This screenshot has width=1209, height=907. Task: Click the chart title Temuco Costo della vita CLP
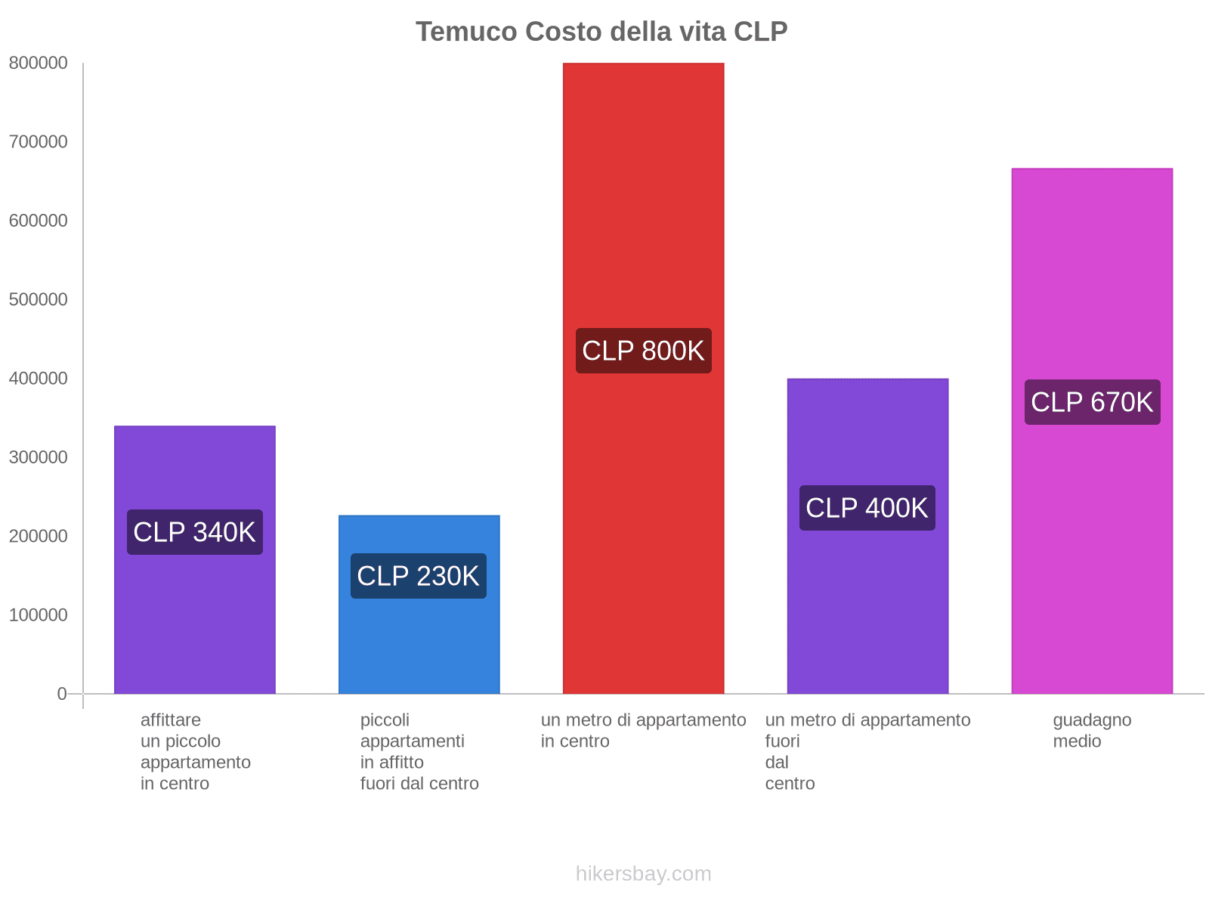tap(601, 32)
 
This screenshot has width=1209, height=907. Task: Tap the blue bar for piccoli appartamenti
tap(419, 642)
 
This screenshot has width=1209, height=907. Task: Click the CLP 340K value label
tap(194, 532)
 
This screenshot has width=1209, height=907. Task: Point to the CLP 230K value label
tap(418, 576)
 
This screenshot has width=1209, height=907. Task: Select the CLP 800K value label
tap(643, 351)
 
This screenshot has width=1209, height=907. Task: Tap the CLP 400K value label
tap(867, 508)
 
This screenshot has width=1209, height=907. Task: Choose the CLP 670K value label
tap(1092, 402)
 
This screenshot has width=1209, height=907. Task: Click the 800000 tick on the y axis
tap(38, 63)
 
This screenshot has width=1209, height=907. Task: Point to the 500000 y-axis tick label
tap(38, 299)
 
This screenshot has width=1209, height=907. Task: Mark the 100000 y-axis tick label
tap(38, 615)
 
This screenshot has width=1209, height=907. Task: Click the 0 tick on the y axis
tap(62, 694)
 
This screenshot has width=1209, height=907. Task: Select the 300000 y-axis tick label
tap(38, 457)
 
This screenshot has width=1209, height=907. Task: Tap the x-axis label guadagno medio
tap(1092, 730)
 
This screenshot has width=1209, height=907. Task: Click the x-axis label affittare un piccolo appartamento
tap(195, 751)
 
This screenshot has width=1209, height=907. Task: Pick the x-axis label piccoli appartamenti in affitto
tap(419, 751)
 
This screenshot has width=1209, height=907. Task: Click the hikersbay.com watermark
tap(643, 874)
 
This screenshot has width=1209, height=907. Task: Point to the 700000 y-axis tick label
tap(38, 142)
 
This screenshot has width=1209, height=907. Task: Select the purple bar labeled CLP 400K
tap(867, 605)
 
